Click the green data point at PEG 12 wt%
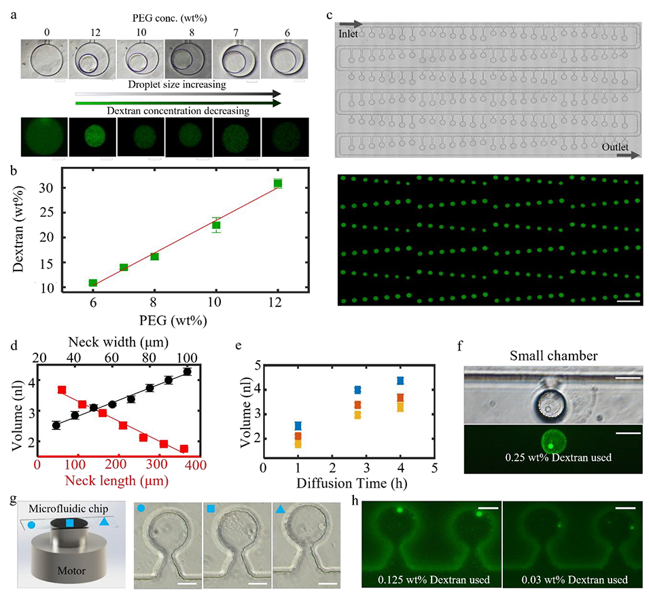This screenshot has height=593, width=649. (277, 183)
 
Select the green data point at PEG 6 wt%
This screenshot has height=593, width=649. (92, 283)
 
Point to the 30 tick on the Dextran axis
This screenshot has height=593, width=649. (49, 185)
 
